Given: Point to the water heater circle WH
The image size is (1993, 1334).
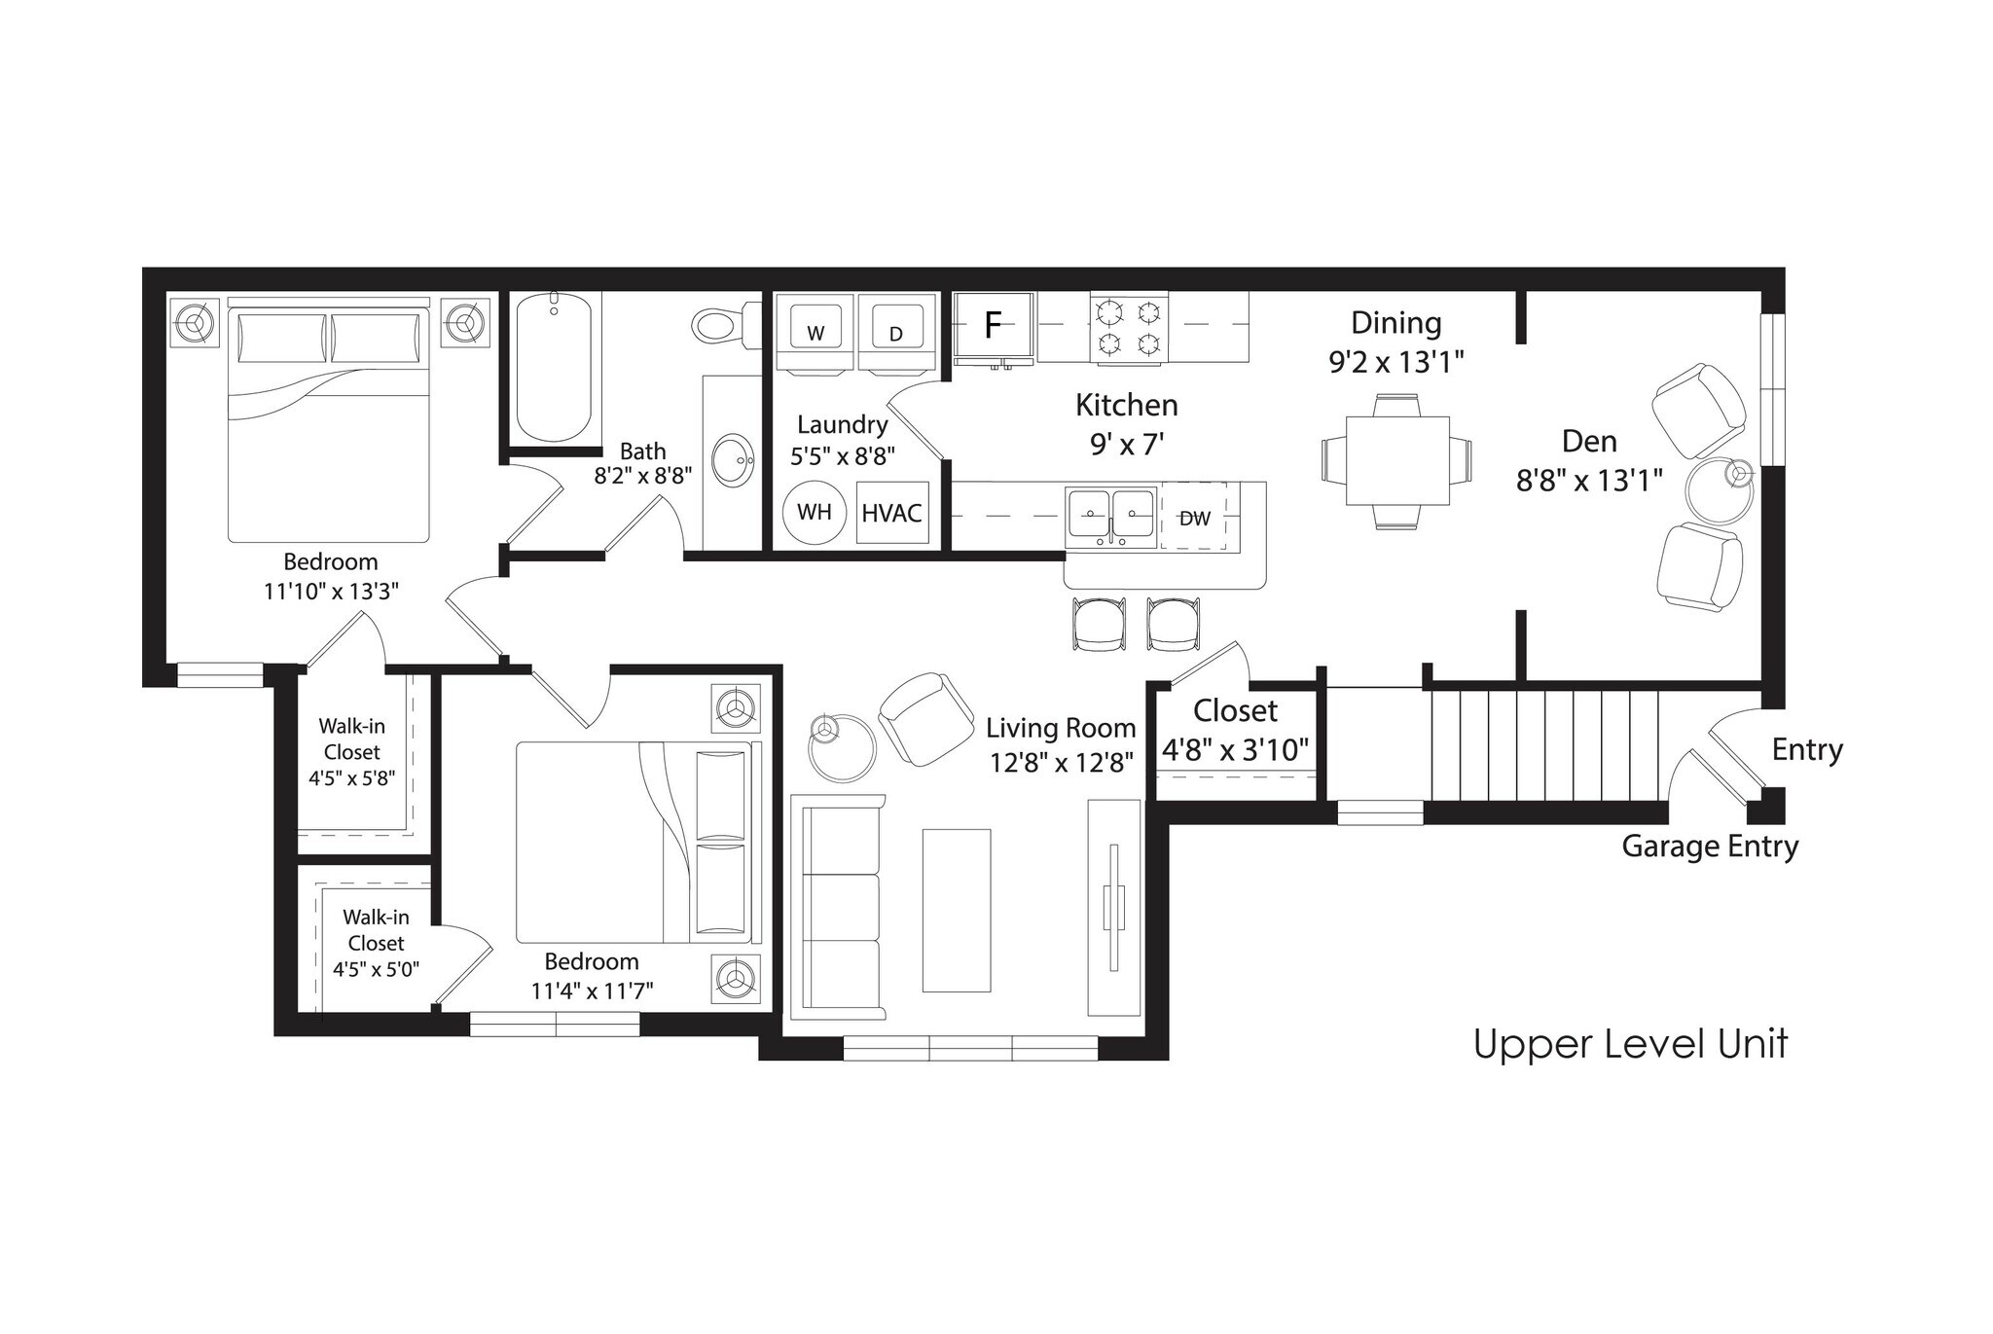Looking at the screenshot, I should coord(814,512).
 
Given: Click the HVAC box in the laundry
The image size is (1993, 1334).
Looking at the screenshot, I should coord(891,513).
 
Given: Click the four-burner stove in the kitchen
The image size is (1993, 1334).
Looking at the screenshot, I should coord(1129,328).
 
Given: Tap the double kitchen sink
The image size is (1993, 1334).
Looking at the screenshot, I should coord(1111,515).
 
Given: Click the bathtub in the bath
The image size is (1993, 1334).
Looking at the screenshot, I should coord(554,367).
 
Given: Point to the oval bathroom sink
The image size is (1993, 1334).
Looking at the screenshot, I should coord(733,460).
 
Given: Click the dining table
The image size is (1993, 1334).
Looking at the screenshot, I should coord(1397,460).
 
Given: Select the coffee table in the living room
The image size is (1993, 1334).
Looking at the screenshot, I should coord(956,910).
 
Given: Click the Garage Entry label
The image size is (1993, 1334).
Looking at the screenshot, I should coord(1709,847).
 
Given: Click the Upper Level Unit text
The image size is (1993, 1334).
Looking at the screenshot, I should coord(1630,1044).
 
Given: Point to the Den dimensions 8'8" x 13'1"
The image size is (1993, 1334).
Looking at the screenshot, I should coord(1588,481).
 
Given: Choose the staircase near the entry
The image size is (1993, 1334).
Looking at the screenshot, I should coord(1544,745).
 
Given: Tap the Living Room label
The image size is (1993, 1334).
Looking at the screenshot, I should coord(1060,728).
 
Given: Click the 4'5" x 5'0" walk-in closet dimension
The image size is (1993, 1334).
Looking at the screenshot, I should coord(376,969).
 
